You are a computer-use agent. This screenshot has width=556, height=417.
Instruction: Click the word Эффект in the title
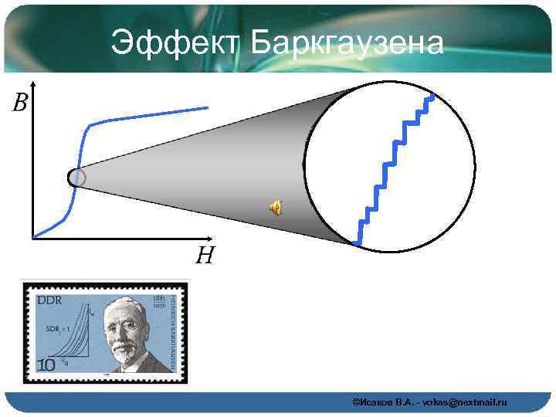(175, 42)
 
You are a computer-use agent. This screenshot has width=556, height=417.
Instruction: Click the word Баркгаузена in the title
(347, 42)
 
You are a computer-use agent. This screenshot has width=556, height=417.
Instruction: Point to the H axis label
(204, 254)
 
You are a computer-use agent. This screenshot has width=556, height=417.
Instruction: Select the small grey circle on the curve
(77, 178)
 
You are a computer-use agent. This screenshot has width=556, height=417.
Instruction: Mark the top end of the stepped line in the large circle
(433, 97)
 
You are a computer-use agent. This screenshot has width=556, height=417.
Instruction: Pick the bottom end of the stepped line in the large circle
(358, 243)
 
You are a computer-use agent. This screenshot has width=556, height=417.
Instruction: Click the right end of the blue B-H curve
(207, 107)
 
